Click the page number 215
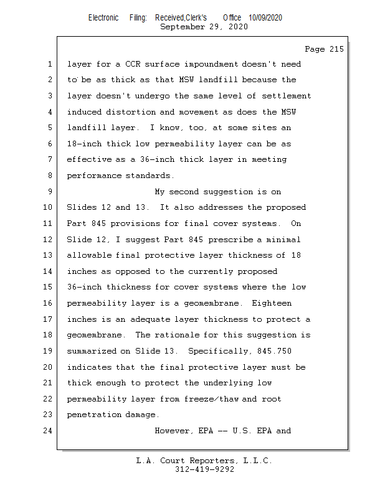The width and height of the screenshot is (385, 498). point(335,49)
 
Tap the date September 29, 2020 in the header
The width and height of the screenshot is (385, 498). point(204,27)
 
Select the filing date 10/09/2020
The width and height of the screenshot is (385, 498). point(265,17)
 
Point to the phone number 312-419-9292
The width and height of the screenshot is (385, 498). point(204,469)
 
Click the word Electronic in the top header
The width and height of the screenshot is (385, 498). point(103,17)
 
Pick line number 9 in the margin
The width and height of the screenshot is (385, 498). point(49,192)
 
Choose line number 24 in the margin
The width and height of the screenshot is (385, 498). point(47,431)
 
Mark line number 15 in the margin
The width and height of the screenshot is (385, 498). point(47,287)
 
